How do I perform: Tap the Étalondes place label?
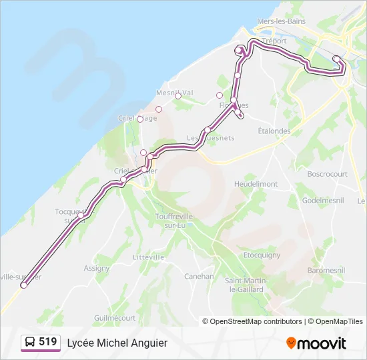(274, 131)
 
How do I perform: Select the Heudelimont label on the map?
(256, 184)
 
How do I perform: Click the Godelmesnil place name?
(323, 200)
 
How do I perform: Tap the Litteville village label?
(148, 257)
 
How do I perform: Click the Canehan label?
(199, 276)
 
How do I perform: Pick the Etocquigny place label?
(262, 255)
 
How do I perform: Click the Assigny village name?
(97, 268)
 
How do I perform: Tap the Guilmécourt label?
(115, 318)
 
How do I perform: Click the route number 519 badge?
(47, 342)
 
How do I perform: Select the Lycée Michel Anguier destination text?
(117, 343)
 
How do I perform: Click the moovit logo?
(316, 343)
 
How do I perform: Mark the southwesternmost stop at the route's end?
(24, 285)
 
